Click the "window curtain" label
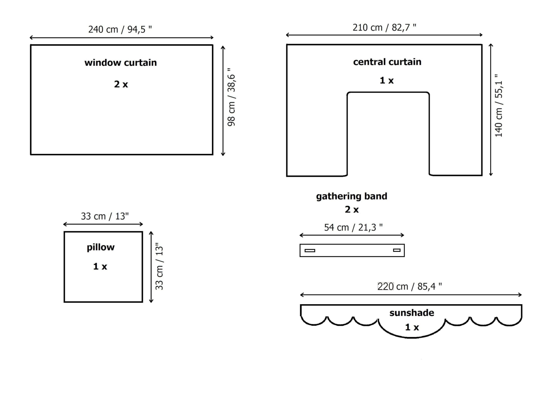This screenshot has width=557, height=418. [121, 63]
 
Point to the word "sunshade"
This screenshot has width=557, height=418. [412, 313]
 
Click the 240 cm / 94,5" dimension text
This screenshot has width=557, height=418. [120, 29]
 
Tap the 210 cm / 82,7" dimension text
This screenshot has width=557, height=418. [384, 27]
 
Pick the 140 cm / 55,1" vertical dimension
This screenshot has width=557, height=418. [499, 106]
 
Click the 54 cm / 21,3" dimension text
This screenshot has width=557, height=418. [353, 227]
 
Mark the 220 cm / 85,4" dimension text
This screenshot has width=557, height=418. [410, 286]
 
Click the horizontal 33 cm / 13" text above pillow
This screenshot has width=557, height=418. [105, 216]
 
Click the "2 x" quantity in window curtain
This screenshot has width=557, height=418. [121, 84]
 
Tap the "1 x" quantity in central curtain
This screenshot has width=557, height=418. [386, 80]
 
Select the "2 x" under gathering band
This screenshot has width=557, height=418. [352, 210]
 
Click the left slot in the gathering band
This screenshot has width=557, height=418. [310, 250]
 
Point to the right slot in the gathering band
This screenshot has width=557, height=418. [397, 250]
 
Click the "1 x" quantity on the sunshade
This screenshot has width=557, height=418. [412, 327]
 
